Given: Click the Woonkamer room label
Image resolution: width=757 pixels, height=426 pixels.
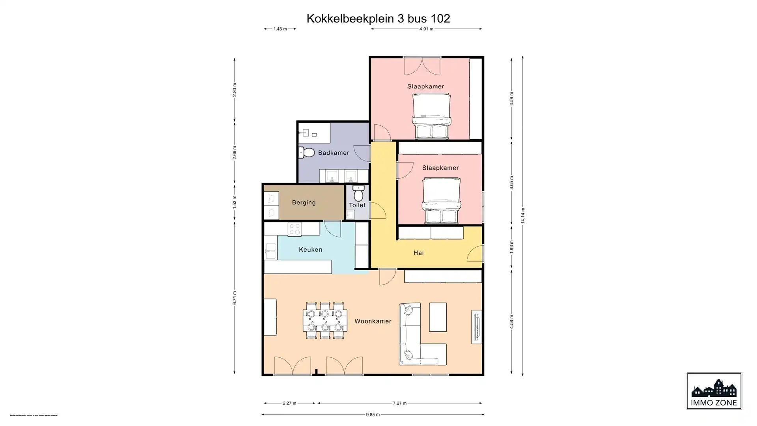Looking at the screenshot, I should [373, 321].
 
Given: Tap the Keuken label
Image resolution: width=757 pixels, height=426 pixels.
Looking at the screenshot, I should [310, 250].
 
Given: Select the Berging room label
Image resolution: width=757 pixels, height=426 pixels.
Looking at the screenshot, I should [304, 203].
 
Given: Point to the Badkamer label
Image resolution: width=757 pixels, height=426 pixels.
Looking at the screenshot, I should [334, 153].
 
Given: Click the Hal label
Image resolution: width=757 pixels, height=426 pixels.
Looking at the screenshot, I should [418, 253].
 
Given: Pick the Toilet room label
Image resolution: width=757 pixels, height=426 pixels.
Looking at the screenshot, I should [357, 205].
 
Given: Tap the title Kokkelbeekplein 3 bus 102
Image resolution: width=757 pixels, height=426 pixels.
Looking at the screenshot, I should [378, 19].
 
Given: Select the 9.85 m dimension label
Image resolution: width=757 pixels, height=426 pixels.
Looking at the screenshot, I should [373, 415].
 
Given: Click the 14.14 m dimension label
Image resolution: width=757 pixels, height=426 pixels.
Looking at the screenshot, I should [523, 216].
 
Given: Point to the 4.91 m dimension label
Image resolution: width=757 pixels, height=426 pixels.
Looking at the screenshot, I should [426, 29].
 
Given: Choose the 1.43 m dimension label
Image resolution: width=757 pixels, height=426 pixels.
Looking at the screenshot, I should [280, 29].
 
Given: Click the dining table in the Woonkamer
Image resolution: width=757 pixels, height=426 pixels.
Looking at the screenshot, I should [325, 321].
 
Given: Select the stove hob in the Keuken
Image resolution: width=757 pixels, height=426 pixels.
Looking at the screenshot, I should [294, 229].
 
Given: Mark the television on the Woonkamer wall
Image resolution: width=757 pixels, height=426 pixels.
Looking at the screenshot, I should [477, 327].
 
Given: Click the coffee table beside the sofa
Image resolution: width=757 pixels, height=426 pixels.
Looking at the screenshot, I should [438, 317].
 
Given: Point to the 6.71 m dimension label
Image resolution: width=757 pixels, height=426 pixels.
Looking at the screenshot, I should [235, 298].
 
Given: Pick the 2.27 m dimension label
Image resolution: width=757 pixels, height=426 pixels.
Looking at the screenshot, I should [289, 403].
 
